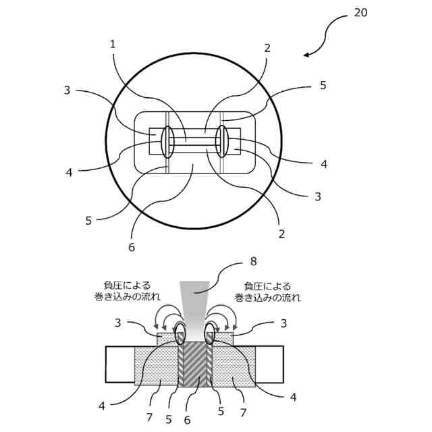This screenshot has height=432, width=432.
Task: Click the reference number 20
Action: pos(361,13)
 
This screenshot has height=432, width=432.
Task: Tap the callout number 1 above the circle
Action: pos(113,44)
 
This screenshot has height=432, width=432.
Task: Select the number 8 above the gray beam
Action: pos(254,261)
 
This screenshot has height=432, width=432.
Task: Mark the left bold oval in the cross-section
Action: pos(181,333)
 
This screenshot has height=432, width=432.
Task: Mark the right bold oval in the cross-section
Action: pos(210,333)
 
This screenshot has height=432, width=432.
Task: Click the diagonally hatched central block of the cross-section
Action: pos(196,364)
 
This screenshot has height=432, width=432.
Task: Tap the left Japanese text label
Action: pos(123,291)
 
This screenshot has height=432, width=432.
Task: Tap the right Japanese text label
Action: pos(267,291)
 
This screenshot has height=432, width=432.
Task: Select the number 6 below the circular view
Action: pos(132,247)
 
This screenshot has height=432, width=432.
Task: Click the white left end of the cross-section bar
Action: pos(120,364)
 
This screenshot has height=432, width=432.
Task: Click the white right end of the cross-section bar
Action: pos(269,364)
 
